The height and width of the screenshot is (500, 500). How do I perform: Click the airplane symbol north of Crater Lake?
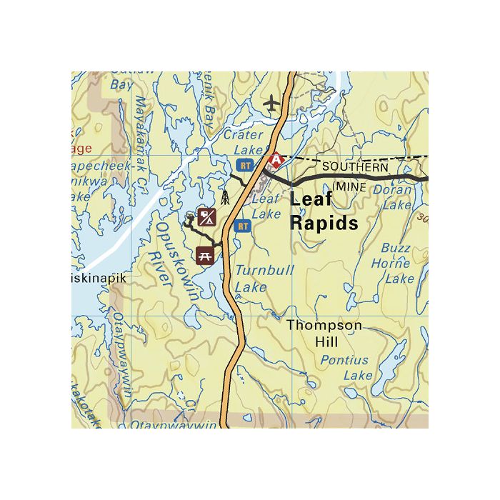point(271,104)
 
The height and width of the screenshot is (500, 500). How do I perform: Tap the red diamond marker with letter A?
point(274,161)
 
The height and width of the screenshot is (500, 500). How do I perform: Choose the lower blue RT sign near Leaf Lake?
point(243,226)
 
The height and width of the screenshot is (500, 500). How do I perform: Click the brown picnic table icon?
point(205,254)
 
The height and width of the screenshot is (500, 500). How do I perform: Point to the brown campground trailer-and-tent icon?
point(207,216)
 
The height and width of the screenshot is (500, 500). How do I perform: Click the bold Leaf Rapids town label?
point(323,211)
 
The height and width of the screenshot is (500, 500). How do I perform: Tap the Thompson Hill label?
point(324,334)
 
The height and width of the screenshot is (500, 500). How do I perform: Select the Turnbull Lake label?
point(255,279)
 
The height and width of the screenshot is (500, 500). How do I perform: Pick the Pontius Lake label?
point(345,368)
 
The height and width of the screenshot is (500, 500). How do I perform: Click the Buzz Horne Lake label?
point(395,263)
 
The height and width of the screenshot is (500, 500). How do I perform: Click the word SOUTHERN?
point(355,166)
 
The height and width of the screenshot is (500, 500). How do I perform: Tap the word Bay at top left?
point(121,84)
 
